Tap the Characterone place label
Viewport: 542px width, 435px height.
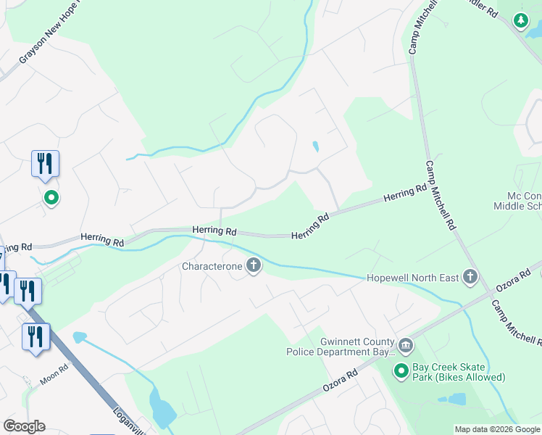click(x=212, y=266)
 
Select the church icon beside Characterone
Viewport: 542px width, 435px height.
click(x=254, y=266)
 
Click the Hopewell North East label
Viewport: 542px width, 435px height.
click(x=414, y=276)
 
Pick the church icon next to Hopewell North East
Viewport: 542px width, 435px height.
click(x=470, y=276)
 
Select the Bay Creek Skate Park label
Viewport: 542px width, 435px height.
click(x=458, y=372)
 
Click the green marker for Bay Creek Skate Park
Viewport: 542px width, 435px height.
click(x=401, y=372)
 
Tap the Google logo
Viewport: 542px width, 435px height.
click(x=24, y=426)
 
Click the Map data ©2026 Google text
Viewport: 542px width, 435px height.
click(x=497, y=429)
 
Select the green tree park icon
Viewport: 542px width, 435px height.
click(x=521, y=20)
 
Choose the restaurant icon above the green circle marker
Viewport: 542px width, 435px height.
click(x=45, y=164)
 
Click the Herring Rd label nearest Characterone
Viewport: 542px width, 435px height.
click(x=214, y=231)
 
